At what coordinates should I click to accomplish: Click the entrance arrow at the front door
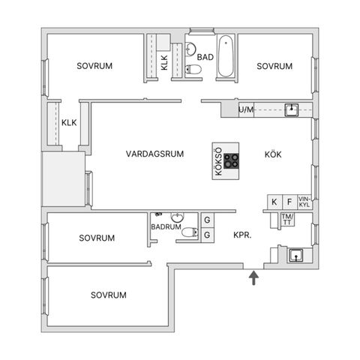pyautogui.click(x=253, y=277)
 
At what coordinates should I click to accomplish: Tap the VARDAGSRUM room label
pyautogui.click(x=154, y=154)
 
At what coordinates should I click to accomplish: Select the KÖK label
pyautogui.click(x=273, y=154)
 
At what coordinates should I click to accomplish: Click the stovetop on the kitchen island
pyautogui.click(x=231, y=160)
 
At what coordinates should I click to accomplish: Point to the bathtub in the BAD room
pyautogui.click(x=226, y=56)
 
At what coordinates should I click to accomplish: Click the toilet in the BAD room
pyautogui.click(x=193, y=69)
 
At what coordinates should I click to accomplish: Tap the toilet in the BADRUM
pyautogui.click(x=190, y=232)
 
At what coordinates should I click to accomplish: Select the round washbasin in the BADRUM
pyautogui.click(x=177, y=217)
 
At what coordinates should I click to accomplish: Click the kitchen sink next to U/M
pyautogui.click(x=292, y=109)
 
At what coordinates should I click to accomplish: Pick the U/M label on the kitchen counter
pyautogui.click(x=246, y=109)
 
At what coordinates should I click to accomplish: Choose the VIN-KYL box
pyautogui.click(x=304, y=202)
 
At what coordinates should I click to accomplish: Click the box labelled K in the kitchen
pyautogui.click(x=274, y=202)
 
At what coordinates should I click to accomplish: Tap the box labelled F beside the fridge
pyautogui.click(x=289, y=202)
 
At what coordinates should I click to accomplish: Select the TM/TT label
pyautogui.click(x=288, y=219)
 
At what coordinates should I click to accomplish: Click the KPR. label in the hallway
pyautogui.click(x=242, y=235)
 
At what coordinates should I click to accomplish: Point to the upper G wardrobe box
pyautogui.click(x=208, y=220)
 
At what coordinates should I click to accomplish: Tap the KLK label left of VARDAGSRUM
pyautogui.click(x=69, y=122)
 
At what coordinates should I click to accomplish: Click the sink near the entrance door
pyautogui.click(x=296, y=256)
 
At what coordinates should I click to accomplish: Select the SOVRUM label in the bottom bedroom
pyautogui.click(x=109, y=295)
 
